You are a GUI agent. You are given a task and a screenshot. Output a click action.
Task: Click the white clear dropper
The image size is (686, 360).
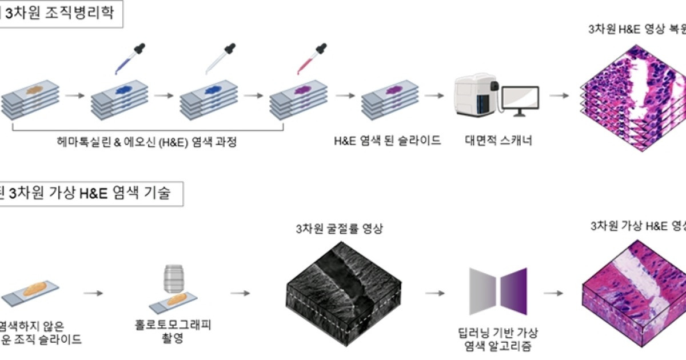[219, 58]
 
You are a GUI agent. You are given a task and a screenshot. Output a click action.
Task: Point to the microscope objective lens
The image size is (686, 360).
[172, 278]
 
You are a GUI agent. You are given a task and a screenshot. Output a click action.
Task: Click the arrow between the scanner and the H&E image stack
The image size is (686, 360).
[559, 96]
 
